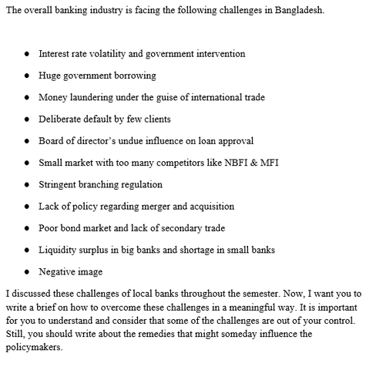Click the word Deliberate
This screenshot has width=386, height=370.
[x=61, y=119]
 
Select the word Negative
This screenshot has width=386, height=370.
[x=58, y=272]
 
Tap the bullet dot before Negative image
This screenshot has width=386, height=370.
[x=28, y=272]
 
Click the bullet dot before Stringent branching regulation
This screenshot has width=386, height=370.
[x=28, y=185]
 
